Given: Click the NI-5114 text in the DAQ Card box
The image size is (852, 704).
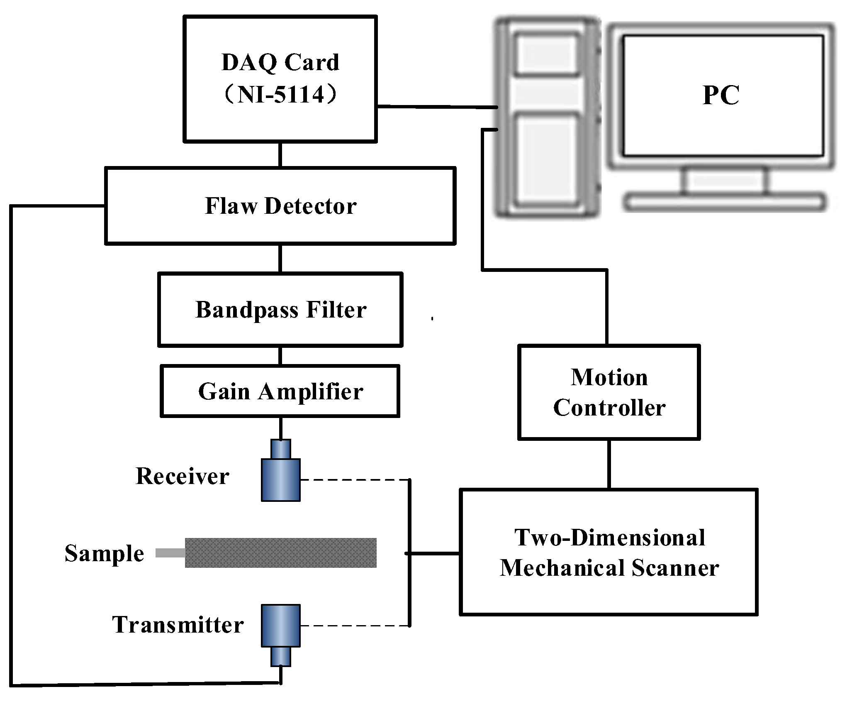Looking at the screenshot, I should pyautogui.click(x=280, y=95).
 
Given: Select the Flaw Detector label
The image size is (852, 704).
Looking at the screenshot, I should pyautogui.click(x=280, y=206).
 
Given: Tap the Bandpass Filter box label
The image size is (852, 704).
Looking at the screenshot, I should pyautogui.click(x=280, y=310).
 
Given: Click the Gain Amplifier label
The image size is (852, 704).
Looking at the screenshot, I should pyautogui.click(x=280, y=391).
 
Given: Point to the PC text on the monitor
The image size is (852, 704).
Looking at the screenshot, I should pyautogui.click(x=721, y=95).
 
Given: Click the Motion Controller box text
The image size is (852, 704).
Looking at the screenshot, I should pyautogui.click(x=609, y=392).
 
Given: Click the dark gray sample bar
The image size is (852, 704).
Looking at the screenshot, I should pyautogui.click(x=280, y=552).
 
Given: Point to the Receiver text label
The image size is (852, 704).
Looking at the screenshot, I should pyautogui.click(x=183, y=476).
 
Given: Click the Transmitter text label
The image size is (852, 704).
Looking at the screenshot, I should pyautogui.click(x=178, y=625).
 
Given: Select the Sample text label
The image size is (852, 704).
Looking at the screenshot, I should pyautogui.click(x=104, y=553).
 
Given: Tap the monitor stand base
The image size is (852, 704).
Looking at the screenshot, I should pyautogui.click(x=724, y=202).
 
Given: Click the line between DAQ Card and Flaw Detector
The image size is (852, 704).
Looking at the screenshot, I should pyautogui.click(x=280, y=154).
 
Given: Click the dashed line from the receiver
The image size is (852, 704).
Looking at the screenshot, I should pyautogui.click(x=355, y=480).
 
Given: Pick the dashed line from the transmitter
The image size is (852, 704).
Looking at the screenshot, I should pyautogui.click(x=355, y=626).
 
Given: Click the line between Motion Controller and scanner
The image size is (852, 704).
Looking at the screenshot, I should pyautogui.click(x=609, y=464).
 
